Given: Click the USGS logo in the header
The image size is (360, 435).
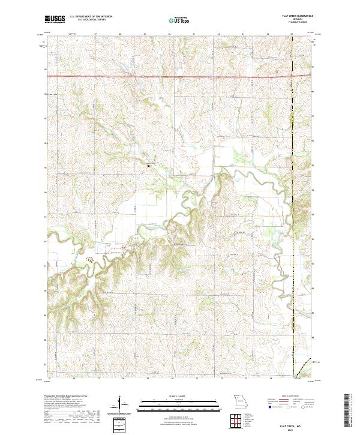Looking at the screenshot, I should (x=55, y=20).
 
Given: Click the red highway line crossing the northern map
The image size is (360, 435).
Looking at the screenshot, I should (x=180, y=76).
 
